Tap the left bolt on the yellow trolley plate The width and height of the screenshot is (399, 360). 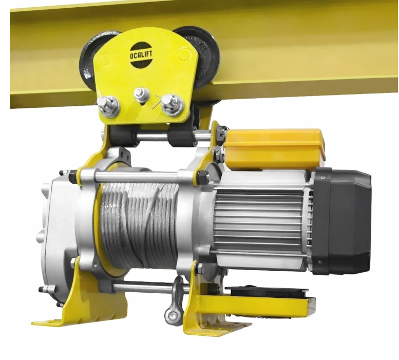(109, 106)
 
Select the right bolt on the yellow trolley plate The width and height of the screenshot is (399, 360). (173, 105)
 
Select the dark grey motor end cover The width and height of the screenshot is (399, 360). (341, 221)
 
